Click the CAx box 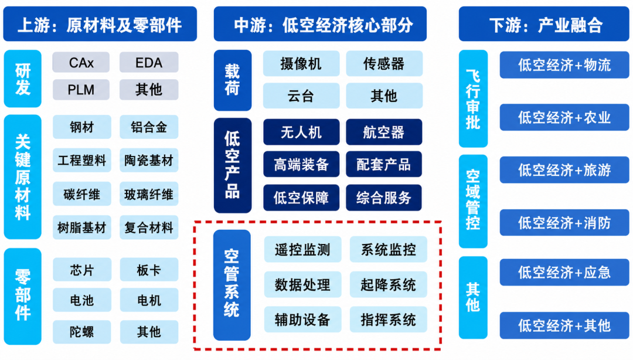click(81, 63)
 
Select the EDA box click(149, 63)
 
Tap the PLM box click(81, 90)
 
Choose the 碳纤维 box click(81, 194)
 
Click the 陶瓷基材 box click(149, 160)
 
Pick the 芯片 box click(81, 270)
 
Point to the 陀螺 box click(81, 332)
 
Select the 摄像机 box click(301, 63)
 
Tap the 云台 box click(301, 96)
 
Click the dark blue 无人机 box click(301, 132)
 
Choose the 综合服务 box click(384, 198)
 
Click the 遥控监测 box click(302, 250)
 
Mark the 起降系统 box click(388, 285)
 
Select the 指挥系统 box click(388, 320)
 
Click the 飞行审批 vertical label click(473, 99)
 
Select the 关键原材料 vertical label click(23, 176)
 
